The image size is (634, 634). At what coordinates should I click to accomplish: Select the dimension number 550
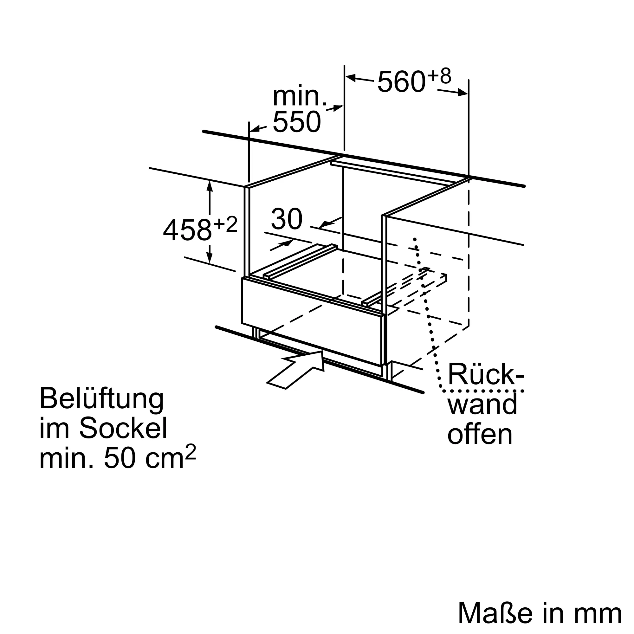click(x=297, y=122)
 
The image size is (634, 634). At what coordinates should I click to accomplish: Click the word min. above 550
click(x=300, y=96)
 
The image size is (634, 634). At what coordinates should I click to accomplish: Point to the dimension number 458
click(x=187, y=230)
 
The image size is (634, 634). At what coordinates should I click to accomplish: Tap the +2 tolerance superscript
click(x=225, y=225)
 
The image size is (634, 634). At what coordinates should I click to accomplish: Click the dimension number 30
click(x=287, y=219)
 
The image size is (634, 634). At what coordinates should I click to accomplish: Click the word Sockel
click(x=123, y=428)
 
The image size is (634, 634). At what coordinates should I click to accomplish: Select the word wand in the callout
click(x=482, y=404)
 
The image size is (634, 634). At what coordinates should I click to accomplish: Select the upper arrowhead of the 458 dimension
click(x=210, y=186)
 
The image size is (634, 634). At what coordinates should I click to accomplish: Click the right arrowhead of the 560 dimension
click(x=463, y=93)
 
